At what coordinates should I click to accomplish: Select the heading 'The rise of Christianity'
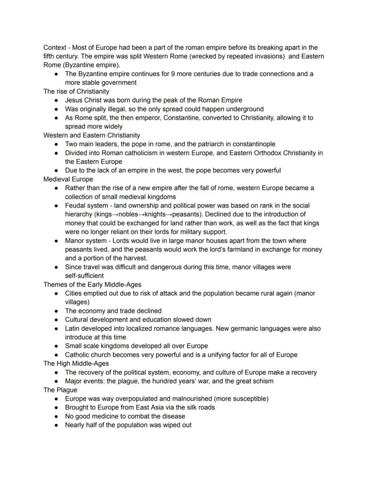(x=76, y=91)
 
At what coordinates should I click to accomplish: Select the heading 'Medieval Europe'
(x=68, y=179)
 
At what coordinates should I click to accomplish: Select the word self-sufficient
(x=84, y=275)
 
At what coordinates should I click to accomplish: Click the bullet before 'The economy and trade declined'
(x=56, y=311)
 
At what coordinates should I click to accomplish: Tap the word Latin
(x=73, y=328)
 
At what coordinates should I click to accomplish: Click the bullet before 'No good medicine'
(x=56, y=416)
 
